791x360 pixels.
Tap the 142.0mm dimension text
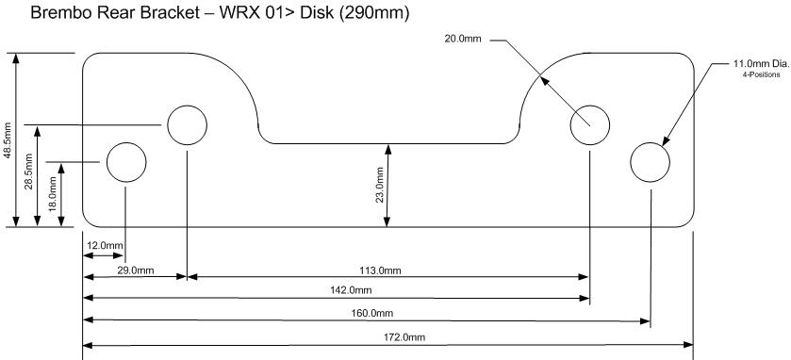351,290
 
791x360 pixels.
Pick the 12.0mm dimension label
104,246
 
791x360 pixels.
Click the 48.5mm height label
8,139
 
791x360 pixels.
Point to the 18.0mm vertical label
53,193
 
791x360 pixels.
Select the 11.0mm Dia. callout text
761,63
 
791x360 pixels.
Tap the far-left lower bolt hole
125,162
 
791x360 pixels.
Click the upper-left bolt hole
187,123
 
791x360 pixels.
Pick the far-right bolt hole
650,161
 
